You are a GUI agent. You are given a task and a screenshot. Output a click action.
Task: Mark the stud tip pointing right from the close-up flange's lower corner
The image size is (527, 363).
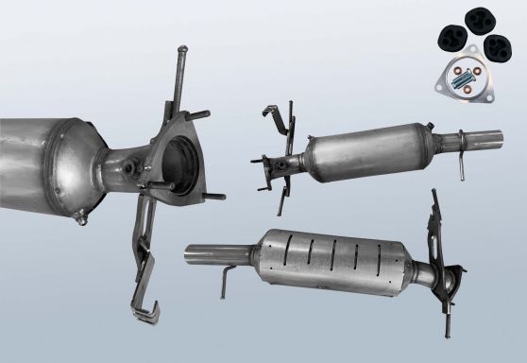(x=219, y=198)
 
